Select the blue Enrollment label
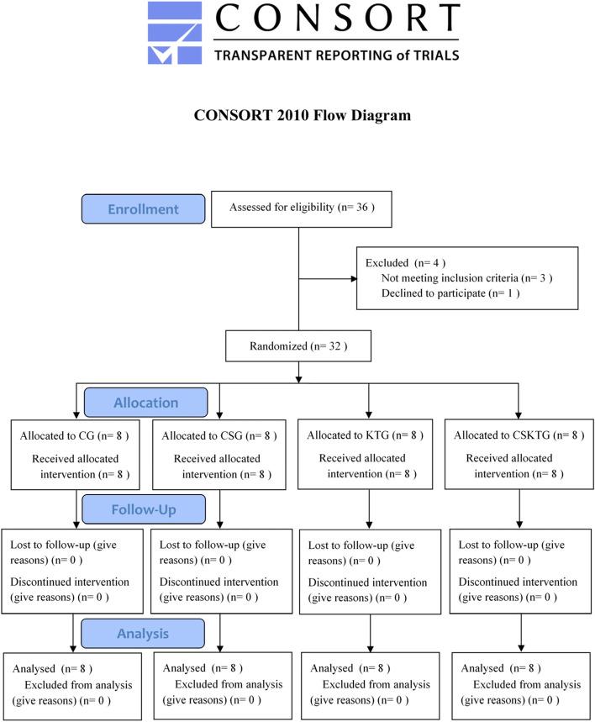pos(143,208)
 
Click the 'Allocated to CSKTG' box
pos(515,454)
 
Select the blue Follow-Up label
pos(144,509)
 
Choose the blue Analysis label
pos(143,632)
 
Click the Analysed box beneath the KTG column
pos(366,685)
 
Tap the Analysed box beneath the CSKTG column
pos(515,685)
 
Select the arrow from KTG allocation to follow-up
pos(370,509)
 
